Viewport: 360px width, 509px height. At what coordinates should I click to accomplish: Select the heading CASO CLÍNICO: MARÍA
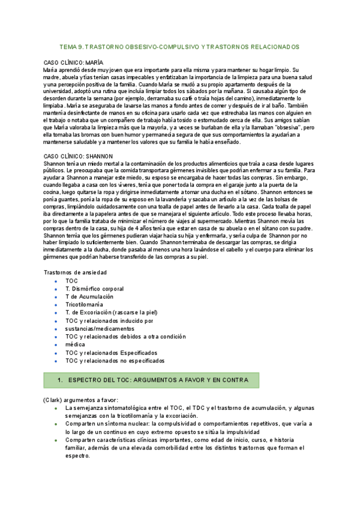click(x=74, y=62)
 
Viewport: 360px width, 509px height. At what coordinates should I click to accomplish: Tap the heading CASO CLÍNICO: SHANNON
click(x=78, y=156)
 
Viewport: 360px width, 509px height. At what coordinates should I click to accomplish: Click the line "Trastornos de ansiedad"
click(x=75, y=272)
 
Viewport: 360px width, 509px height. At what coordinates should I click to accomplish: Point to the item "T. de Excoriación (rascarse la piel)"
click(x=111, y=313)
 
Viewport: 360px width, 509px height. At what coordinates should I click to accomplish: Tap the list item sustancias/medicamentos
click(x=100, y=328)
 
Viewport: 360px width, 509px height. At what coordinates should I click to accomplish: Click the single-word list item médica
click(x=76, y=345)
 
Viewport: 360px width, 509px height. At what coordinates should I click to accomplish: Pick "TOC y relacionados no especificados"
click(x=115, y=361)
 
